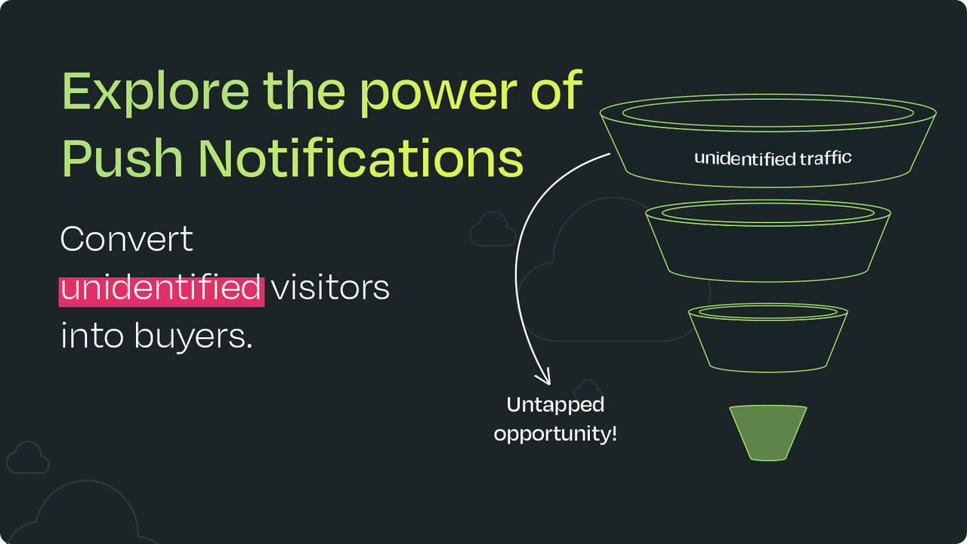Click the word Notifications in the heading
361,158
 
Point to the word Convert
126,240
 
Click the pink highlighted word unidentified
161,289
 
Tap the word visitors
330,289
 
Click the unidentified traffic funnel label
772,158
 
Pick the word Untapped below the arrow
555,405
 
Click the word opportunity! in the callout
555,435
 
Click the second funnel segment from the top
768,242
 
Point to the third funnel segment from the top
768,340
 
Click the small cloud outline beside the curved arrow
492,230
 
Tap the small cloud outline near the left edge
28,459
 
